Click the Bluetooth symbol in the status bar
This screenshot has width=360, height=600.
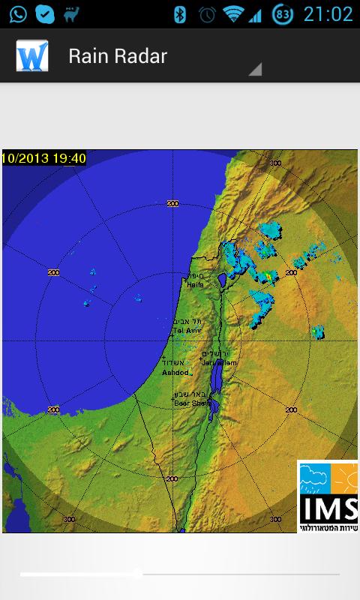click(180, 13)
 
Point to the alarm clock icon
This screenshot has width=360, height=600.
click(206, 13)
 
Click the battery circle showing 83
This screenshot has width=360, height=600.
click(283, 13)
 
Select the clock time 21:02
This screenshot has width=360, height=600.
click(328, 13)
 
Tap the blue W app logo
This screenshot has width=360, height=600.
click(32, 56)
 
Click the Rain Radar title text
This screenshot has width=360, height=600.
click(118, 55)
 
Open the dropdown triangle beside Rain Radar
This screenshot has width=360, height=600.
click(255, 69)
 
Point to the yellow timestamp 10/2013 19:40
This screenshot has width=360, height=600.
click(44, 157)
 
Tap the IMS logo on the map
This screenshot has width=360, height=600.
click(328, 496)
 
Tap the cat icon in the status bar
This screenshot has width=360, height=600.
click(71, 13)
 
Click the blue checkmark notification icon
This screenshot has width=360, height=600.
click(45, 13)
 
